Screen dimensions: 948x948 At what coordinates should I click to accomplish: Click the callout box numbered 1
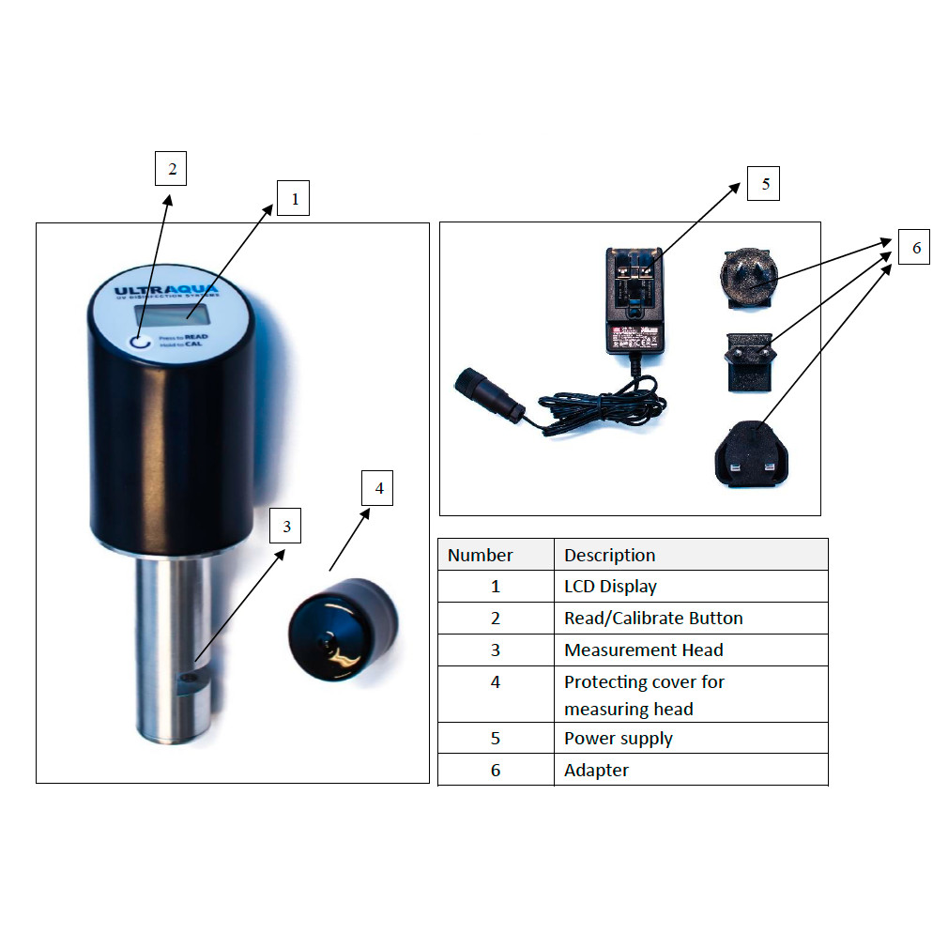click(x=293, y=199)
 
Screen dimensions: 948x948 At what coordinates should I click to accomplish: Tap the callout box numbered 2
click(x=171, y=169)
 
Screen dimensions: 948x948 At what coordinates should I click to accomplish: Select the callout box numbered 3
click(x=286, y=527)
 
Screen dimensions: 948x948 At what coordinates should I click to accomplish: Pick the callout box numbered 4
click(x=378, y=488)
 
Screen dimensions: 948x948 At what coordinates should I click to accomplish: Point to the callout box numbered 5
click(x=764, y=184)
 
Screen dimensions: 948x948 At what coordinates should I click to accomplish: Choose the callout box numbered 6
click(x=915, y=248)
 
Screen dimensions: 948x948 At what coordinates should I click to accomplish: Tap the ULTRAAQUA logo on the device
click(x=166, y=291)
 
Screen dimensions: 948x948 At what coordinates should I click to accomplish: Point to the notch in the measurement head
click(x=194, y=680)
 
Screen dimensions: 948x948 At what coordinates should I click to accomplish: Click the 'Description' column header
click(x=609, y=555)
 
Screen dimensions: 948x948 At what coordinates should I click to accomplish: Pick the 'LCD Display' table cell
click(x=610, y=587)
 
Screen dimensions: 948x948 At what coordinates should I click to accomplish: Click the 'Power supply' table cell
click(x=618, y=739)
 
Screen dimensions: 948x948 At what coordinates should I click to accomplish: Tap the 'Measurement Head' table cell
click(x=643, y=650)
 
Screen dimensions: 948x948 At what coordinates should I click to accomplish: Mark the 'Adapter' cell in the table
click(x=596, y=770)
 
